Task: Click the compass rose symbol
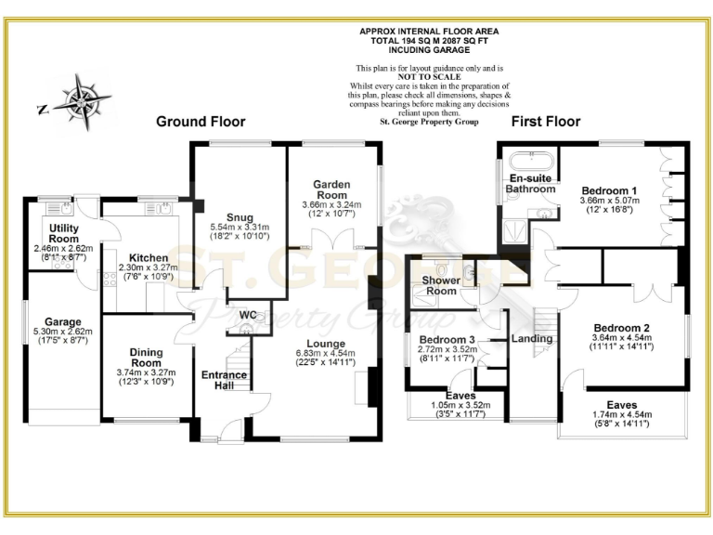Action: coord(80,99)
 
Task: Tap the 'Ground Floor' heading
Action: coord(201,122)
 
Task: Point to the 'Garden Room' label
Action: coord(331,189)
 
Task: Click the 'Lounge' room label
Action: coord(321,343)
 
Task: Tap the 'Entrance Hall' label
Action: coord(224,381)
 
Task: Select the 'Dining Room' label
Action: coord(146,358)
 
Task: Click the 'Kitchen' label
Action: coord(149,258)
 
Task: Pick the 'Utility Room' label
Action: coord(64,233)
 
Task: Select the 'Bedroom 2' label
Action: coord(621,328)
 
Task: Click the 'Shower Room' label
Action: coord(440,285)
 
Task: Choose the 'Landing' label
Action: coord(532,339)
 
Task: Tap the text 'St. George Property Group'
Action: coord(428,119)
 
